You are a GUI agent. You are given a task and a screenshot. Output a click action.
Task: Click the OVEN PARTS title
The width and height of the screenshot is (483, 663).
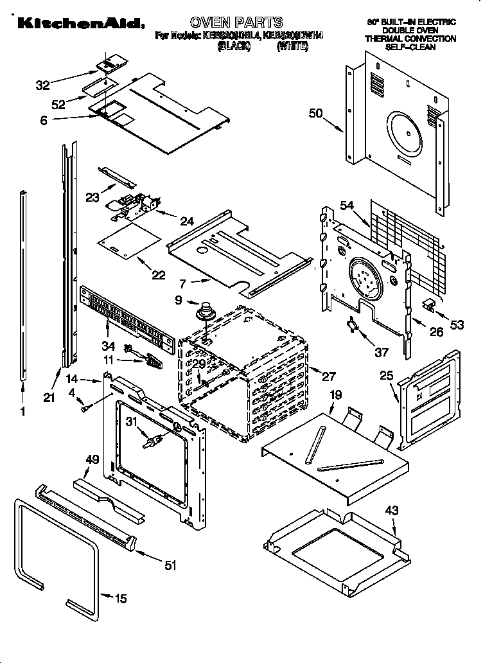coord(236,23)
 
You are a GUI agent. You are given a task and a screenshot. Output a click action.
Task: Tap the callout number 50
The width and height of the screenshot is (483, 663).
coord(315,114)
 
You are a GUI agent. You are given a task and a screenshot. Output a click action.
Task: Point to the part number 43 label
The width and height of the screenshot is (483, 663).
coord(391,511)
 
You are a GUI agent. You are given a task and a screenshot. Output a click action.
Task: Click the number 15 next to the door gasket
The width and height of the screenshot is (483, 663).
coord(120,599)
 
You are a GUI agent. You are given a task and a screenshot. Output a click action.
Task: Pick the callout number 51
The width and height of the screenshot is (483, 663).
coord(170,565)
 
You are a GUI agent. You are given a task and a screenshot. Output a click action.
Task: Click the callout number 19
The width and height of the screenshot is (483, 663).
coord(334,394)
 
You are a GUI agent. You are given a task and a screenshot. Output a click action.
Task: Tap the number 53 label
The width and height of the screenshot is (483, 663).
coord(457,325)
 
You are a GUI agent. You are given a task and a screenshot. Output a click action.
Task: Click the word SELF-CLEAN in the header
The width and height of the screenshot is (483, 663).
coord(411,47)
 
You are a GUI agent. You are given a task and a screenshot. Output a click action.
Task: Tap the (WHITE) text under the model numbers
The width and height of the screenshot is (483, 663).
coord(291,47)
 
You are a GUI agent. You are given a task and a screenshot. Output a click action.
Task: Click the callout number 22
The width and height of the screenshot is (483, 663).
coord(158,275)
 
